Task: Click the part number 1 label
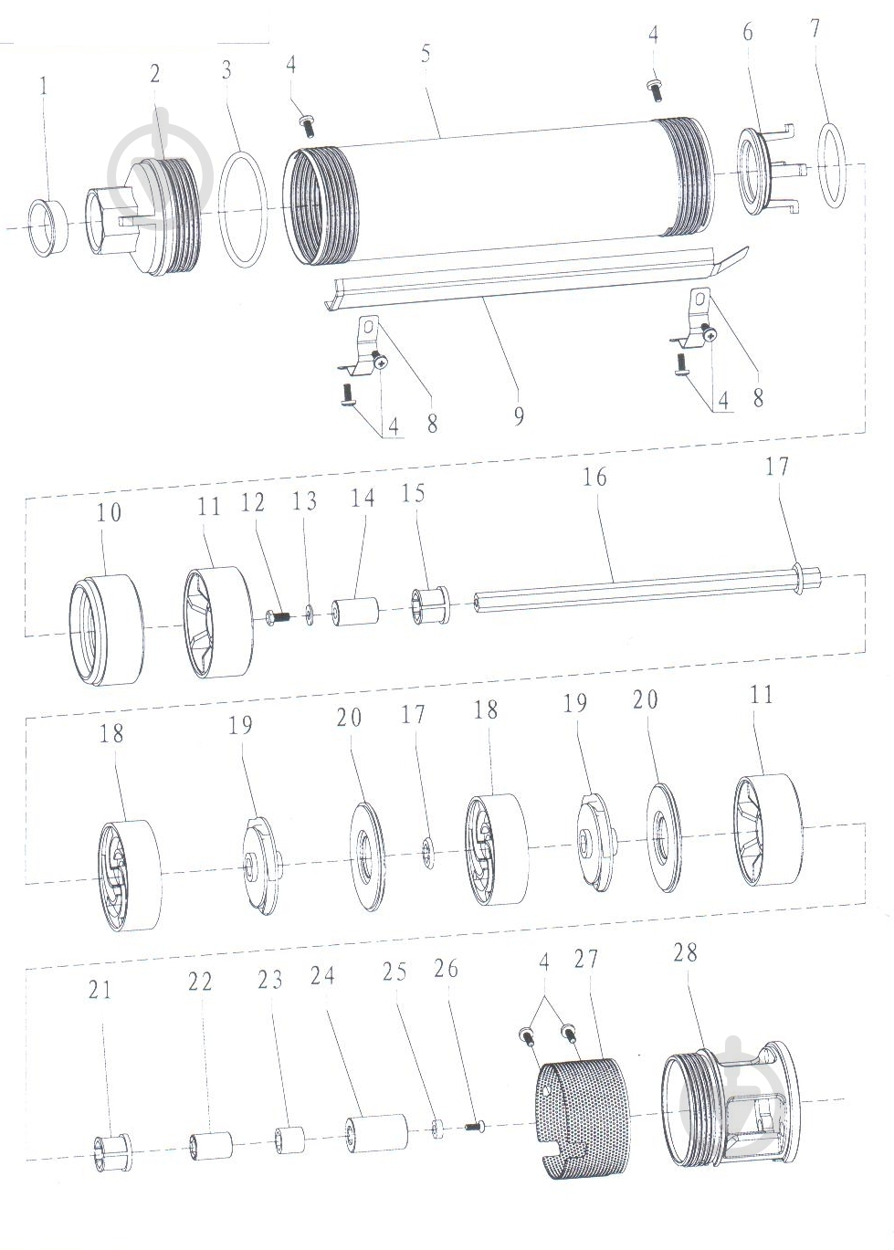click(44, 87)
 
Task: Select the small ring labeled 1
click(49, 227)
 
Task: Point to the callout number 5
click(426, 53)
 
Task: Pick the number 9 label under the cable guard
click(519, 415)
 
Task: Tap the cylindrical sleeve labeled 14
click(355, 612)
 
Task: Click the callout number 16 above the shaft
click(594, 478)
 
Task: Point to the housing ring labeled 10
click(105, 630)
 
